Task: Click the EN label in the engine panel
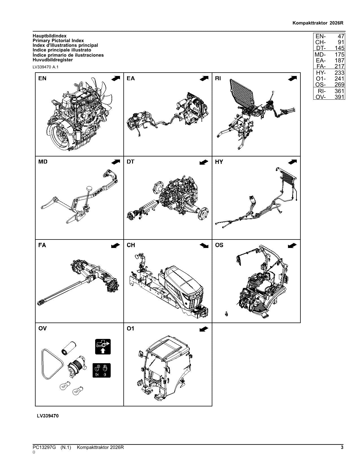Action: click(42, 79)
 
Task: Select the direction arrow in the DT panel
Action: click(204, 162)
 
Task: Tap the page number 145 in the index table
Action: click(339, 48)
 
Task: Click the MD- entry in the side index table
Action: click(320, 55)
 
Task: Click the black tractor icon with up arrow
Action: click(102, 347)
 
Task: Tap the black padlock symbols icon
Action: click(101, 370)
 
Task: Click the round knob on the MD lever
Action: click(90, 188)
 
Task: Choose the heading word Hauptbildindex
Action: click(50, 36)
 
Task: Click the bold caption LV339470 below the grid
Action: click(48, 416)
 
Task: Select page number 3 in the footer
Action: click(342, 447)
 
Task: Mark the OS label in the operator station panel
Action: click(219, 245)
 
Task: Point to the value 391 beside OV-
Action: click(339, 97)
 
